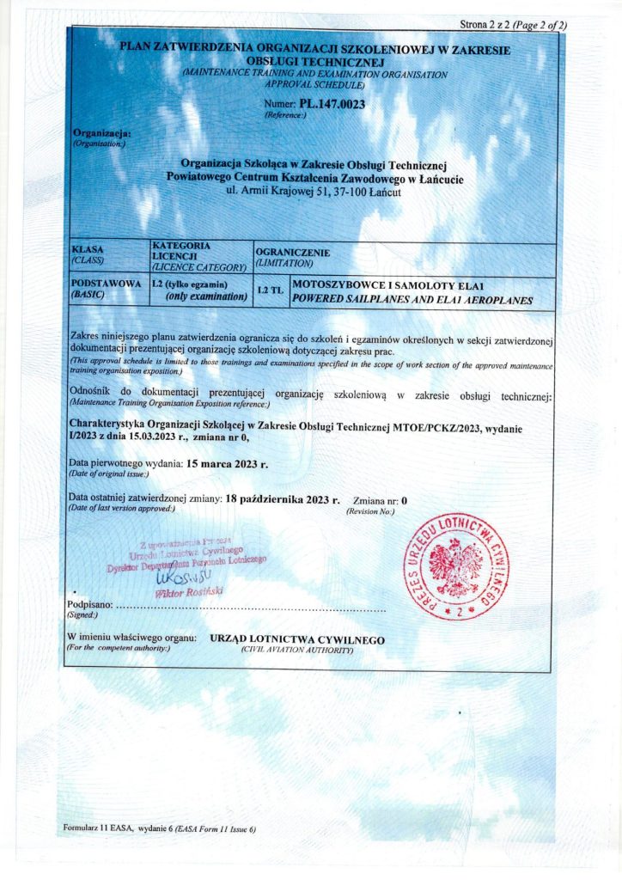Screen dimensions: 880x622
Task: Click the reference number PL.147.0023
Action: [332, 104]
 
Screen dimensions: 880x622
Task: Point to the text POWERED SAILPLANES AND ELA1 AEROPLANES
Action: [413, 301]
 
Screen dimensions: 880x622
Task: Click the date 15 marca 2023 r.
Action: [228, 464]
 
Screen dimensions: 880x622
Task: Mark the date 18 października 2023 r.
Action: [283, 498]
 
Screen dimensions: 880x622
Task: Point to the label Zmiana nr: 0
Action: [380, 499]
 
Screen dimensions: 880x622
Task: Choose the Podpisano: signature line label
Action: [89, 607]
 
